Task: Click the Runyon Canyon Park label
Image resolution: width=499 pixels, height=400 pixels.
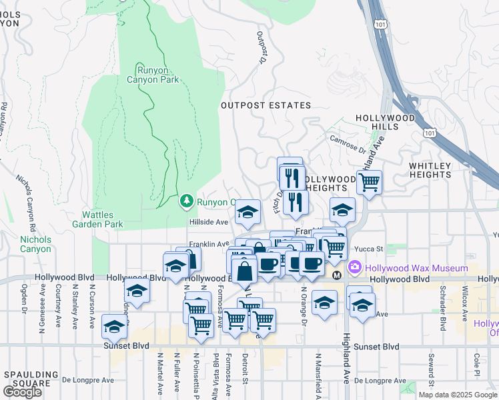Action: click(153, 75)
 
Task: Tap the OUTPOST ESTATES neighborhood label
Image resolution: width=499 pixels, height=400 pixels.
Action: click(266, 105)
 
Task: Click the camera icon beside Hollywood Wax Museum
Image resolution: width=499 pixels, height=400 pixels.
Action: click(355, 267)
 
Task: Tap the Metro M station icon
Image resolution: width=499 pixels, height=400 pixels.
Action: click(337, 275)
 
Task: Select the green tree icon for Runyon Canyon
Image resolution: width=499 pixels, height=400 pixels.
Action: click(187, 201)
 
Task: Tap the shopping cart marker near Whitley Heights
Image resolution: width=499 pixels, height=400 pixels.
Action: click(369, 181)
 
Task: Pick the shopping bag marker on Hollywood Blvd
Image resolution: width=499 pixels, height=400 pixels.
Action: click(245, 271)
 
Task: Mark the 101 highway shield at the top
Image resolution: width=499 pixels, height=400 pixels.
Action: click(380, 24)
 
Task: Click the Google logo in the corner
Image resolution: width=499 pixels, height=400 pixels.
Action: click(23, 392)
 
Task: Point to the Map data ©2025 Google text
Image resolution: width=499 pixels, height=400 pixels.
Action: click(458, 395)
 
